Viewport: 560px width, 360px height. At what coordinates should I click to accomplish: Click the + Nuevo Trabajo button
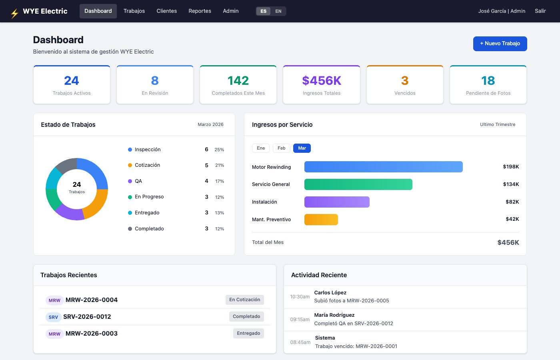pyautogui.click(x=500, y=44)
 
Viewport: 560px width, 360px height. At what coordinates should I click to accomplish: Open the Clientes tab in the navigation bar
pyautogui.click(x=166, y=11)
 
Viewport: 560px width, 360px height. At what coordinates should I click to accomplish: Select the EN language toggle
pyautogui.click(x=278, y=11)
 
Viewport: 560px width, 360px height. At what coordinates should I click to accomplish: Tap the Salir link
pyautogui.click(x=540, y=11)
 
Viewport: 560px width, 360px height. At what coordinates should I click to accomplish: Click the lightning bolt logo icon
pyautogui.click(x=15, y=13)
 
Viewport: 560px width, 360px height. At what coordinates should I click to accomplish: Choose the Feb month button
pyautogui.click(x=281, y=148)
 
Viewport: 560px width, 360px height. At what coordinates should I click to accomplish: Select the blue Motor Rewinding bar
pyautogui.click(x=383, y=167)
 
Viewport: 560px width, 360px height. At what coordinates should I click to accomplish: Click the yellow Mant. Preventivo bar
pyautogui.click(x=321, y=220)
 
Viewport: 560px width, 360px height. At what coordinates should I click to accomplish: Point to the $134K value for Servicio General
pyautogui.click(x=511, y=184)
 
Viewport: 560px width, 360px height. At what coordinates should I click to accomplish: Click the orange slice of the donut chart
pyautogui.click(x=97, y=204)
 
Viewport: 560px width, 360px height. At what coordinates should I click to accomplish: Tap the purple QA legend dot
pyautogui.click(x=130, y=181)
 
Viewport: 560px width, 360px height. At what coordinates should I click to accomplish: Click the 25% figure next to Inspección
pyautogui.click(x=219, y=150)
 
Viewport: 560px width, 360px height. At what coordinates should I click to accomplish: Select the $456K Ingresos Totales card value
pyautogui.click(x=322, y=80)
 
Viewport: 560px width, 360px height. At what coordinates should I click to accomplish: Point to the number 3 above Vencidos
pyautogui.click(x=405, y=80)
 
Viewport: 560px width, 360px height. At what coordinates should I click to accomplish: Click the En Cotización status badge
pyautogui.click(x=245, y=300)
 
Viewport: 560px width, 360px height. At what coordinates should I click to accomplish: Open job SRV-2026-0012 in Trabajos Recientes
pyautogui.click(x=87, y=317)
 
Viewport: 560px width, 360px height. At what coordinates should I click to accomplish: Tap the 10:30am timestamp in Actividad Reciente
pyautogui.click(x=300, y=297)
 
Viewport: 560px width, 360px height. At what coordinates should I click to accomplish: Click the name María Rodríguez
pyautogui.click(x=334, y=315)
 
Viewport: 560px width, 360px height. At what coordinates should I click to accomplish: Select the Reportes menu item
pyautogui.click(x=200, y=11)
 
